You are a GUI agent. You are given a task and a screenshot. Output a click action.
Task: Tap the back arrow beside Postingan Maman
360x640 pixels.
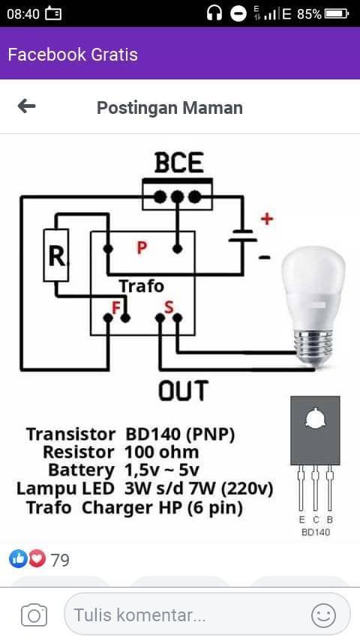26,106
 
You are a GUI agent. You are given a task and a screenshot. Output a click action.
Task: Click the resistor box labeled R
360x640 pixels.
56,255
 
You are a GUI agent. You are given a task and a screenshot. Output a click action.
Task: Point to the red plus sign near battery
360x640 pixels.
267,219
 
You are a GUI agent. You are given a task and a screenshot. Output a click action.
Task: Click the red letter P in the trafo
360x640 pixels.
142,247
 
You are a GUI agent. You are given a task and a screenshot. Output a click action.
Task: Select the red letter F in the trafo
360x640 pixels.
116,308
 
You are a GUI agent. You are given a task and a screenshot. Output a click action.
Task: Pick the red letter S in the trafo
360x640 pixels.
169,307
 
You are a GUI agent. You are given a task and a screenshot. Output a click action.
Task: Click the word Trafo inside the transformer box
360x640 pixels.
142,286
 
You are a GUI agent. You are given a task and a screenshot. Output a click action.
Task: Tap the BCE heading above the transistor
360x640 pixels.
179,163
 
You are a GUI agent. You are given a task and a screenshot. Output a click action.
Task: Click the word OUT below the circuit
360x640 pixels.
184,390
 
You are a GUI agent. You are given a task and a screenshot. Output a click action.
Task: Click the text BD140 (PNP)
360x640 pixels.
180,435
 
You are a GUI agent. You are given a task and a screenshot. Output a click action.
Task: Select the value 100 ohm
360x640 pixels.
161,452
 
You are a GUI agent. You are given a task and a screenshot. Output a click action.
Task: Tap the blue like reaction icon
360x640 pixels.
18,559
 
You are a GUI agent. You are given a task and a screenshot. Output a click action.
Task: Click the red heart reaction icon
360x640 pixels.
37,559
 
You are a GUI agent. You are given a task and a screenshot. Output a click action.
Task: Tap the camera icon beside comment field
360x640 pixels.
34,615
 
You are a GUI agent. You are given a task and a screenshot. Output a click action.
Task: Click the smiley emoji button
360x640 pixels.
323,615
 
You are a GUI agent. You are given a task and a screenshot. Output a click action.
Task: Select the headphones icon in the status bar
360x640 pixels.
214,14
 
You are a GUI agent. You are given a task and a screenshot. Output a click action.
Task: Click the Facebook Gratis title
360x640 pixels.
73,54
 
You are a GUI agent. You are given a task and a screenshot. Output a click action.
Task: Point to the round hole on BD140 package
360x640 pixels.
315,418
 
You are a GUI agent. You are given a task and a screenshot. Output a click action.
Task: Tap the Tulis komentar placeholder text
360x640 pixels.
139,615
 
